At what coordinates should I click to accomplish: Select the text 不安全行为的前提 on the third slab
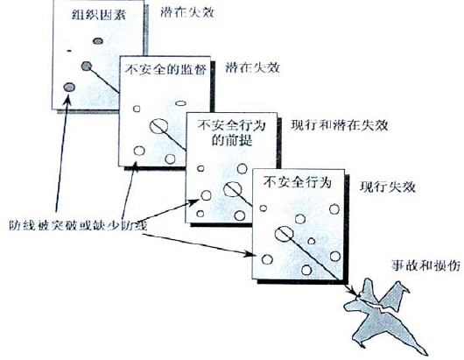pos(230,132)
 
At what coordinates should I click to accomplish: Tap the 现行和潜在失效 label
pos(338,124)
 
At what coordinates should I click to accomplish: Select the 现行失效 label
pos(382,187)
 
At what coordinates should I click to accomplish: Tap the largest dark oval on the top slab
pos(68,87)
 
